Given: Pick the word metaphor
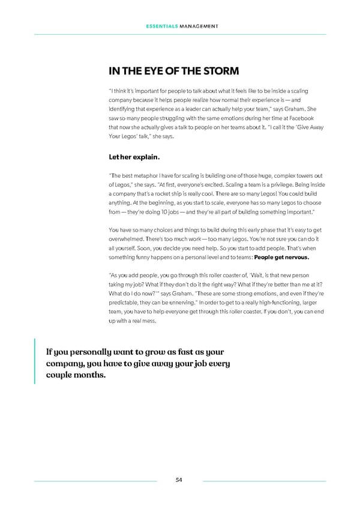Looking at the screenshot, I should (x=159, y=176).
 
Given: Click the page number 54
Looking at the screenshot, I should (x=179, y=480).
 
